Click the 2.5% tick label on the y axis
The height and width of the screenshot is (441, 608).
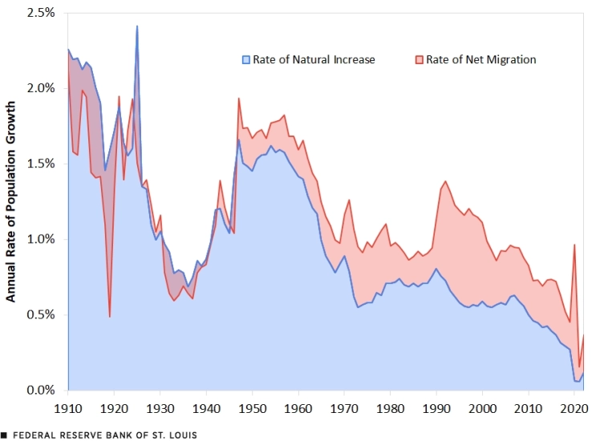pyautogui.click(x=40, y=13)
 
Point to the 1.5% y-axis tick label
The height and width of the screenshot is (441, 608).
pyautogui.click(x=40, y=164)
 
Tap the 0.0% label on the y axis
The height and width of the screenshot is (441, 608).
pyautogui.click(x=40, y=390)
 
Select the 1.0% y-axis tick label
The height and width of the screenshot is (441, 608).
pyautogui.click(x=40, y=239)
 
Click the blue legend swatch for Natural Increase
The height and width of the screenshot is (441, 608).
pyautogui.click(x=246, y=60)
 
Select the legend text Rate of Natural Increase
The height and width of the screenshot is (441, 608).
pyautogui.click(x=314, y=60)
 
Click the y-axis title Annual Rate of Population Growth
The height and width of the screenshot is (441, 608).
pyautogui.click(x=12, y=201)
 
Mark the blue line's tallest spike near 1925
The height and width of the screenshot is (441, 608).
pyautogui.click(x=137, y=26)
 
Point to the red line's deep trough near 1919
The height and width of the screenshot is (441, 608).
pyautogui.click(x=110, y=316)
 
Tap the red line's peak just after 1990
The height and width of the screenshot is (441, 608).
pyautogui.click(x=445, y=181)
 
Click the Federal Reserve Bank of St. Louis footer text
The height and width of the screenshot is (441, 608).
pyautogui.click(x=104, y=435)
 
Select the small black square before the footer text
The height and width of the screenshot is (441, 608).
pyautogui.click(x=5, y=435)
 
